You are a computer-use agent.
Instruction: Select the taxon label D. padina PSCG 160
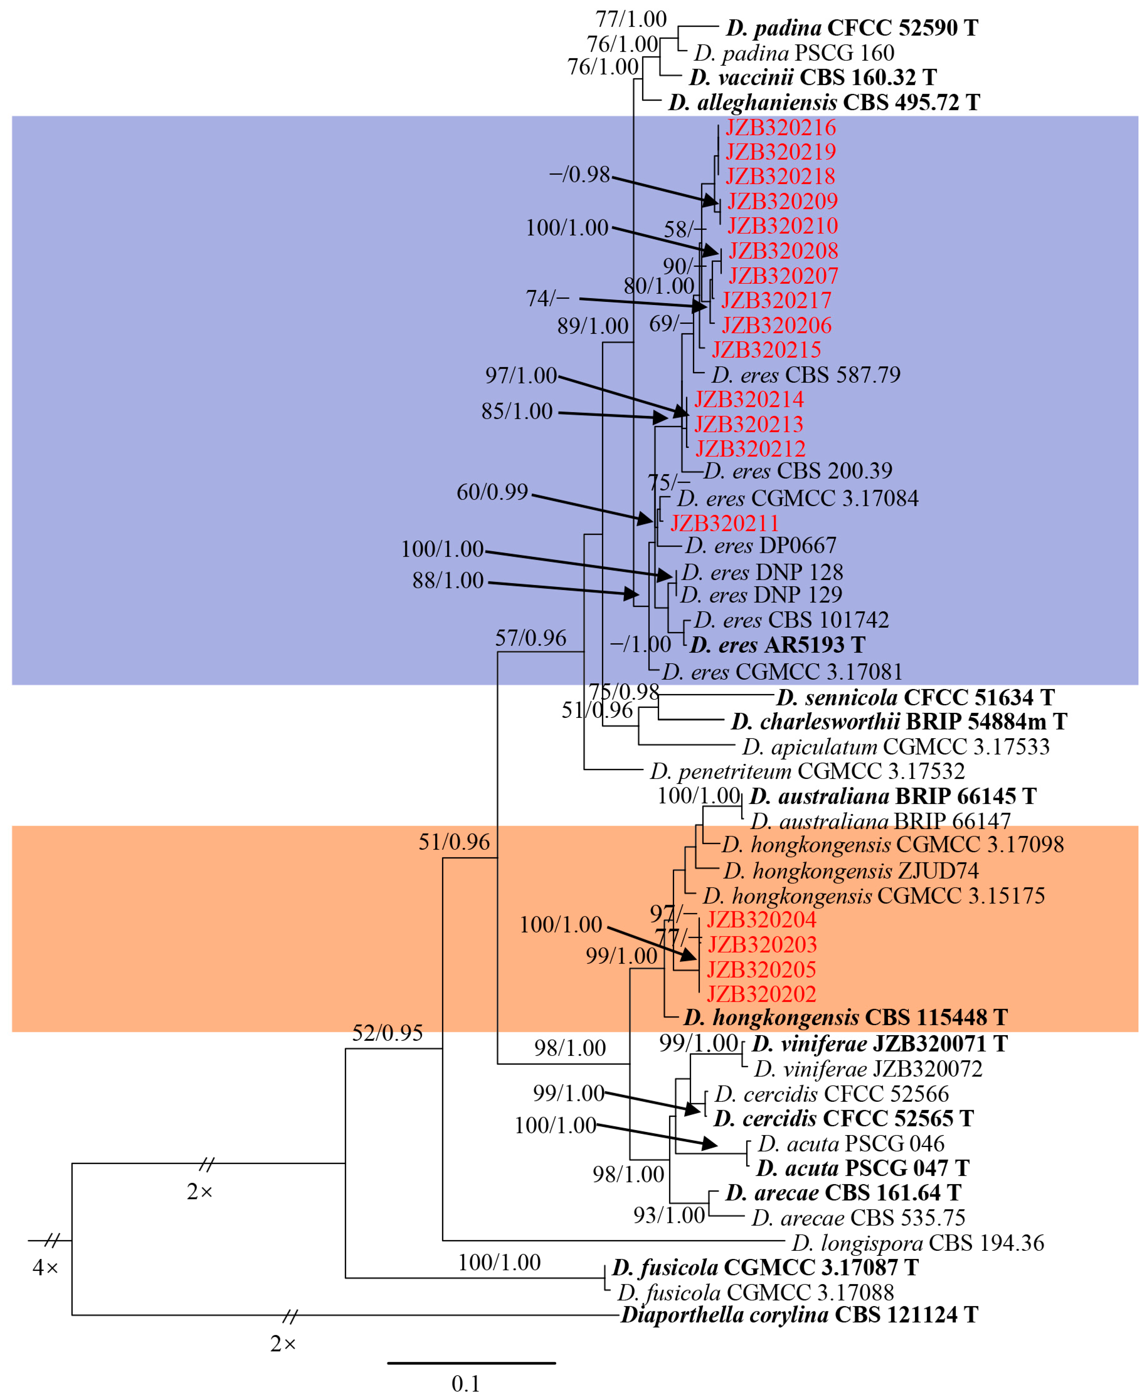[794, 53]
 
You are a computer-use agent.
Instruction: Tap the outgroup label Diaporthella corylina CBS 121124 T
[799, 1315]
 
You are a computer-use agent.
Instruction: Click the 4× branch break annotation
[45, 1267]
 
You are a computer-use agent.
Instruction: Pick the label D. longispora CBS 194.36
[918, 1243]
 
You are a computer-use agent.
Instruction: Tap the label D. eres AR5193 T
[777, 645]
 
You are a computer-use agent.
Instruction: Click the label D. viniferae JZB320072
[868, 1069]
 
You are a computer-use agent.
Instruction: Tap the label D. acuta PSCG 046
[851, 1143]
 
